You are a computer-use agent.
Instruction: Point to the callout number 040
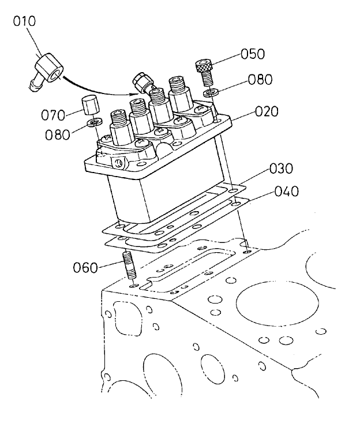(x=286, y=192)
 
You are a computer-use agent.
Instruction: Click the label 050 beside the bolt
(x=252, y=54)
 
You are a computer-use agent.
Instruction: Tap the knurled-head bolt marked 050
(x=205, y=70)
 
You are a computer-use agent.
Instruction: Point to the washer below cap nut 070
(x=93, y=122)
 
